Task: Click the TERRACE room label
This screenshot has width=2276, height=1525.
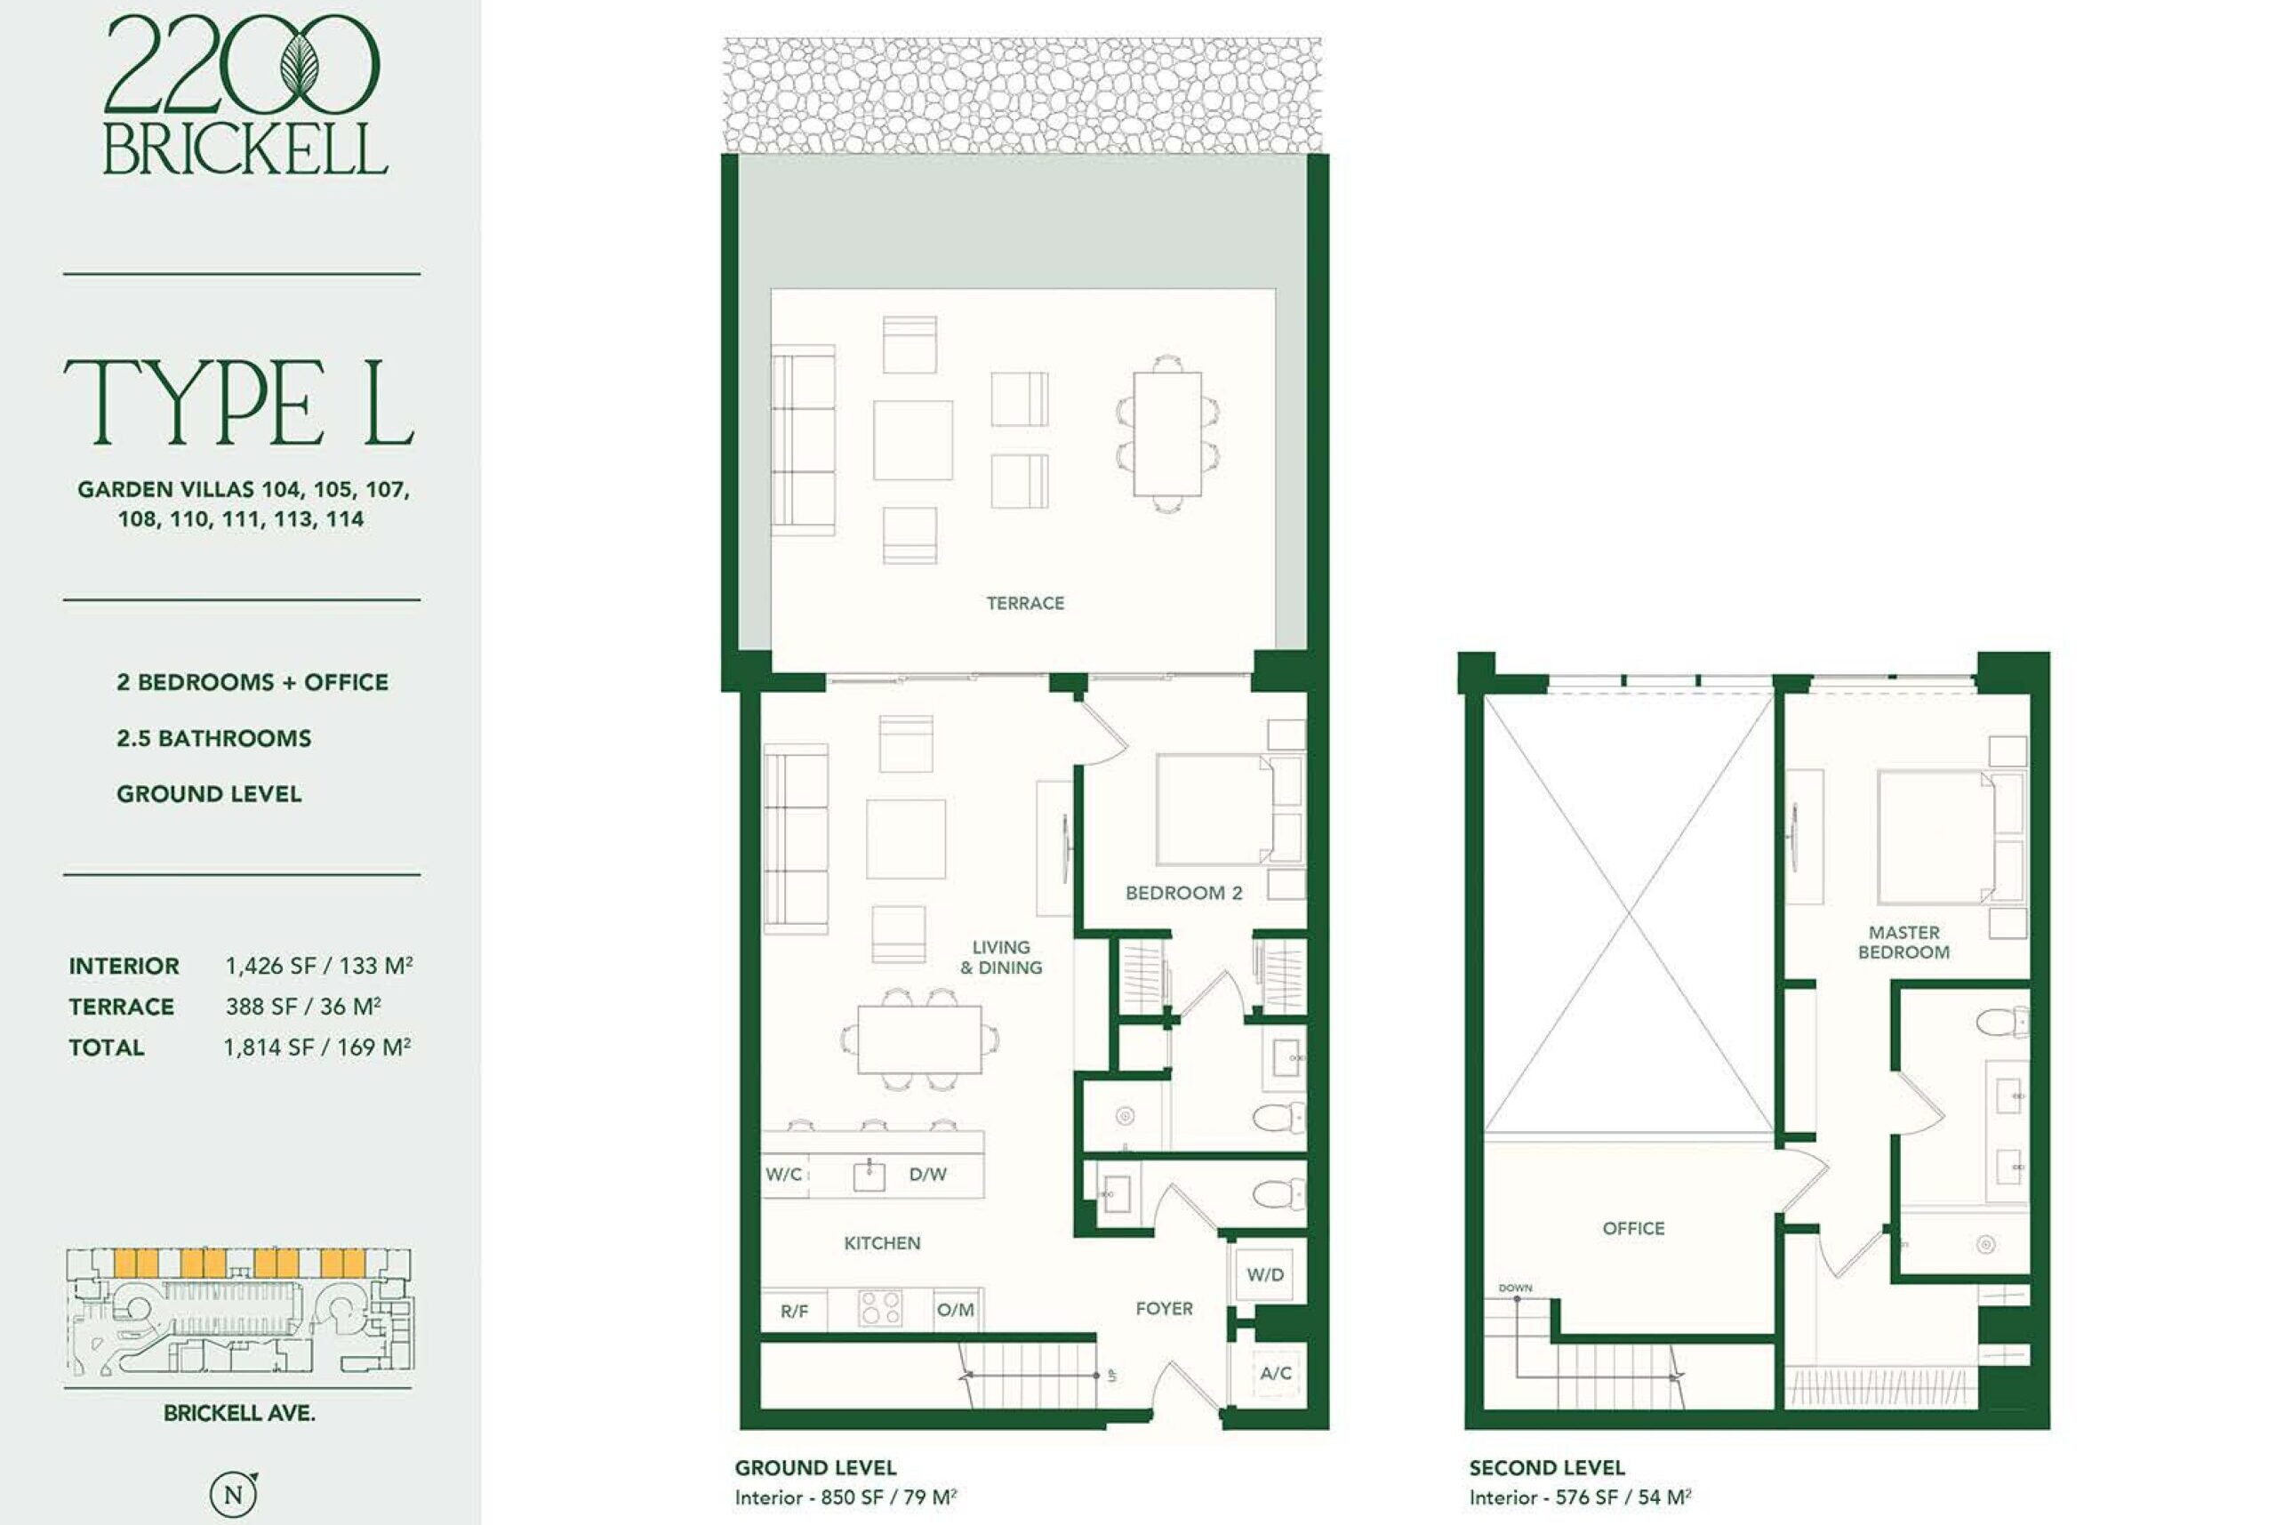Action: (x=1025, y=603)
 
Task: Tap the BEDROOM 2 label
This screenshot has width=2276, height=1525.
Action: (x=1183, y=893)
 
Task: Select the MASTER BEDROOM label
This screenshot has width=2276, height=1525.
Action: (x=1903, y=943)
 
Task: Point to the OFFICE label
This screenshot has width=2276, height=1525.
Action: (x=1633, y=1228)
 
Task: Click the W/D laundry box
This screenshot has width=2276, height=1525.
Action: (x=1265, y=1274)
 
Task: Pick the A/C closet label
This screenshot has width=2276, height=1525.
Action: (x=1276, y=1373)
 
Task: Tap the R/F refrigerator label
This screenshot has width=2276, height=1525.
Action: (x=794, y=1311)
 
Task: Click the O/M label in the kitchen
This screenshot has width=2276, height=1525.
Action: (x=955, y=1310)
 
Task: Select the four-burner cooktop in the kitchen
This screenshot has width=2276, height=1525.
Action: (x=880, y=1307)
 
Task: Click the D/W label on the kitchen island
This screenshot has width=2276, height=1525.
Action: (x=927, y=1174)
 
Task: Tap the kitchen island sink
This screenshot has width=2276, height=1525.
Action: (x=870, y=1176)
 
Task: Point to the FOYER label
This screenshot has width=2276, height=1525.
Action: (x=1164, y=1308)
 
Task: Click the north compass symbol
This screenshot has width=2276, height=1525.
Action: (x=235, y=1493)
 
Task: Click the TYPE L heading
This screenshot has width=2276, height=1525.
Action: (x=240, y=402)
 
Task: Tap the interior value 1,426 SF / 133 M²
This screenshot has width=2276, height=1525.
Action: (x=319, y=965)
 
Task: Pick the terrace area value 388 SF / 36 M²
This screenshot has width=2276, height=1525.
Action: (x=303, y=1006)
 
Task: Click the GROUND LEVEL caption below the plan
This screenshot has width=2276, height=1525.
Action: (x=814, y=1466)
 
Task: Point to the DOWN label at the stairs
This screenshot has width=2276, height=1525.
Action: (x=1515, y=1288)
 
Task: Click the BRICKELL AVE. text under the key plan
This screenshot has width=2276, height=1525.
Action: (x=239, y=1413)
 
